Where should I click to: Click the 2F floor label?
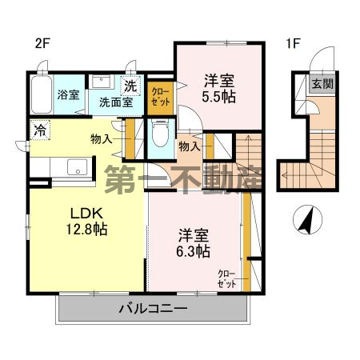(x=42, y=44)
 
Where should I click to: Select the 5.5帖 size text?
(x=218, y=96)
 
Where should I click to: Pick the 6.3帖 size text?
(x=193, y=251)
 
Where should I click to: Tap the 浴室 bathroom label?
(x=67, y=95)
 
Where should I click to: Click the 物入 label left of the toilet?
(x=101, y=139)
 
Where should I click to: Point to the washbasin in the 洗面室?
(x=102, y=82)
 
